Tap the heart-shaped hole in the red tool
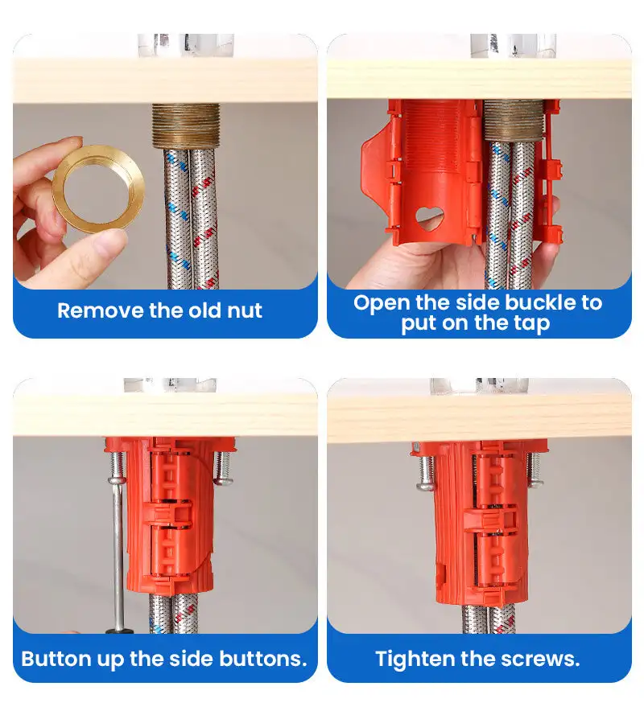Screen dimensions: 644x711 (x=429, y=219)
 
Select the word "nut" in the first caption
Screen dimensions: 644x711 (x=245, y=311)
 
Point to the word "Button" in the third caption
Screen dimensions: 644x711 (x=56, y=659)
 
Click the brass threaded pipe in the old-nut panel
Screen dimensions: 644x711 (x=186, y=126)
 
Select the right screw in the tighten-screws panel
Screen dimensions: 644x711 (x=535, y=469)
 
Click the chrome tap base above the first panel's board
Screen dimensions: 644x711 (x=186, y=45)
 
